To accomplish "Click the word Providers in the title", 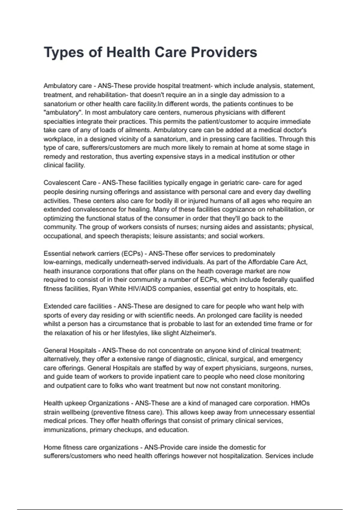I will (224, 52).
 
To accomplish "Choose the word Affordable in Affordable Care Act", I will (263, 262).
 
